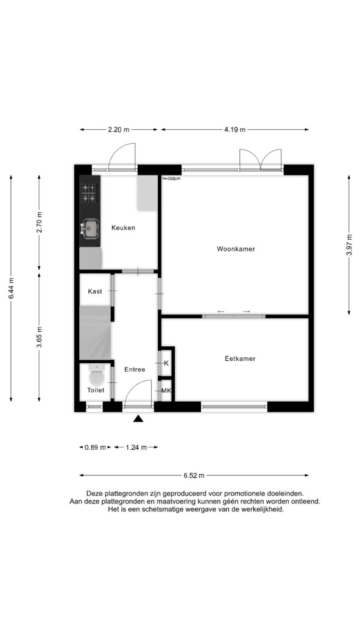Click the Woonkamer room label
pos(236,249)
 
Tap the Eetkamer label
pos(240,359)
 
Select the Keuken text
pos(123,228)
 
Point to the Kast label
pos(95,291)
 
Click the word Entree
pos(135,369)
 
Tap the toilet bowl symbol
pos(97,375)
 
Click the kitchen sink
pos(90,229)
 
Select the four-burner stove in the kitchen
pos(90,193)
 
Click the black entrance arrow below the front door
pos(138,418)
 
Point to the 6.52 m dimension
pos(194,475)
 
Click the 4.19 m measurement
pos(235,130)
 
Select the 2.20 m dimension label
pos(118,130)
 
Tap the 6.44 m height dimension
pos(12,288)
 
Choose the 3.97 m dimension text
pos(349,245)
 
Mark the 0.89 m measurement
pos(96,447)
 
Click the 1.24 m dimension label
pos(136,447)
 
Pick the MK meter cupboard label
pos(166,391)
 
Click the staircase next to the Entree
pos(96,333)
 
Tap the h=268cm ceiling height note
pos(171,179)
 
